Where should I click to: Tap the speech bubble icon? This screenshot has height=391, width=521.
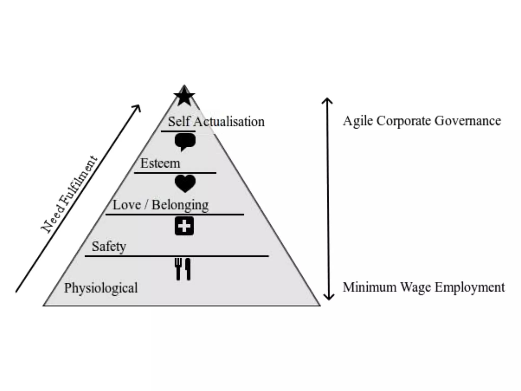185,142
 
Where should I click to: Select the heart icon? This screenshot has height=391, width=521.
185,183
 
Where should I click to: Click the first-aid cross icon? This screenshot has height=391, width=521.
184,226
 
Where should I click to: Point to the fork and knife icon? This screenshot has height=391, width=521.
183,269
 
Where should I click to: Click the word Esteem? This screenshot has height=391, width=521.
160,163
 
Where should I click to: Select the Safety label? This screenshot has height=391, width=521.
109,246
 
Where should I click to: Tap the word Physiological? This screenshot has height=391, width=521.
101,288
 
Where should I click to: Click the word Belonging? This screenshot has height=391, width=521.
180,205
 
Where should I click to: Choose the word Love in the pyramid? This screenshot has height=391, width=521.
127,205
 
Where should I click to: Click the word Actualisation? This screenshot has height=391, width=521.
229,122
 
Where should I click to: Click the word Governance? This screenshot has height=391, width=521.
468,121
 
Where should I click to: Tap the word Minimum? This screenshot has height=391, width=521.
369,287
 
